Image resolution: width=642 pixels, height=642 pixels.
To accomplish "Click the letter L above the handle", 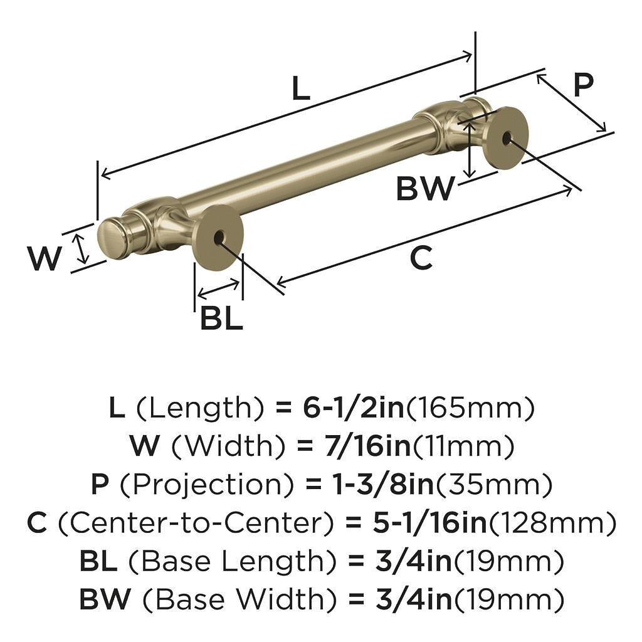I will click(x=301, y=88).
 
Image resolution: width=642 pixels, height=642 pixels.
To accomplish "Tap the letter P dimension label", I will click(x=582, y=85).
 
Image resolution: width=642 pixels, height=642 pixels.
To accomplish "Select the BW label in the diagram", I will click(x=424, y=188).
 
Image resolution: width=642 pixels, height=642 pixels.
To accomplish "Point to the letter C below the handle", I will click(x=421, y=258).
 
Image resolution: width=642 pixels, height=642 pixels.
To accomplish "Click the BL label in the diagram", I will click(x=221, y=319).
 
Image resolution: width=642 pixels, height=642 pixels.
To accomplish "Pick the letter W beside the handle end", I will click(x=45, y=258).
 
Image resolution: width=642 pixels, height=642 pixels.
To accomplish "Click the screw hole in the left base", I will click(x=218, y=238).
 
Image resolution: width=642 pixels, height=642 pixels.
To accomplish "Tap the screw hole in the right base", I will click(x=506, y=137).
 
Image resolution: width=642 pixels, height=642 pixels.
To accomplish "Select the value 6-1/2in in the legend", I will click(x=353, y=409).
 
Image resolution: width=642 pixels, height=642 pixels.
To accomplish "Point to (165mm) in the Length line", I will click(x=471, y=409).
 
